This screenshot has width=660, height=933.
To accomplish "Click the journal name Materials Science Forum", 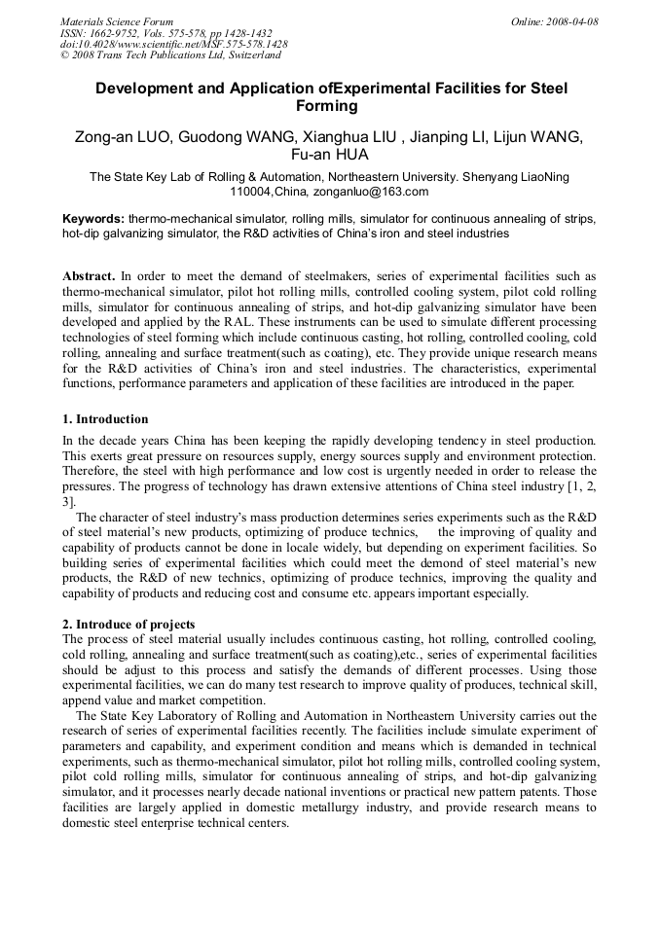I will pos(116,21).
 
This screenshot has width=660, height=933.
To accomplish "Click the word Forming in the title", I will pos(330,106).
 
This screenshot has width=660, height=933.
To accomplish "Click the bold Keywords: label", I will pos(93,219).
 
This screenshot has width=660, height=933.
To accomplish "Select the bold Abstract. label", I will pos(90,276).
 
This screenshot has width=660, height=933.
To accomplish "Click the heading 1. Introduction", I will pos(106,419).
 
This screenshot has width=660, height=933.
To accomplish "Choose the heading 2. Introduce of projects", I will pos(128,624).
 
